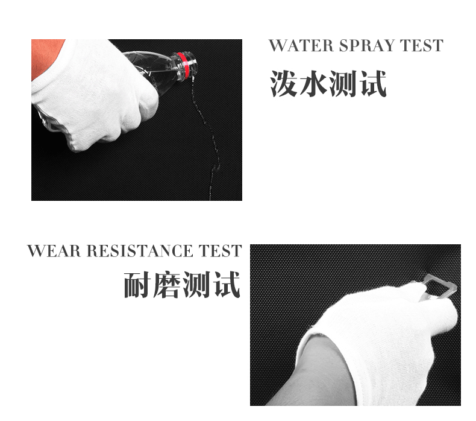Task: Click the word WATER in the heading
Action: pos(302,46)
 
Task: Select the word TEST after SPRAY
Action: pos(421,46)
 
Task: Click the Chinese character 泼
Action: pos(284,84)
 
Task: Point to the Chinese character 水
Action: pos(313,84)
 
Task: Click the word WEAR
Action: pos(54,251)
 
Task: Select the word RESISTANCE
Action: pos(140,251)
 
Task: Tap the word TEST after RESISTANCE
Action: pos(220,251)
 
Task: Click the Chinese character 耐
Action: pos(137,285)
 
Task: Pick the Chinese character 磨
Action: pos(168,285)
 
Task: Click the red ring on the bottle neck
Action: pos(183,65)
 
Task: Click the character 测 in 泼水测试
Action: pos(343,84)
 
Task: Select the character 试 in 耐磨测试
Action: pos(227,285)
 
